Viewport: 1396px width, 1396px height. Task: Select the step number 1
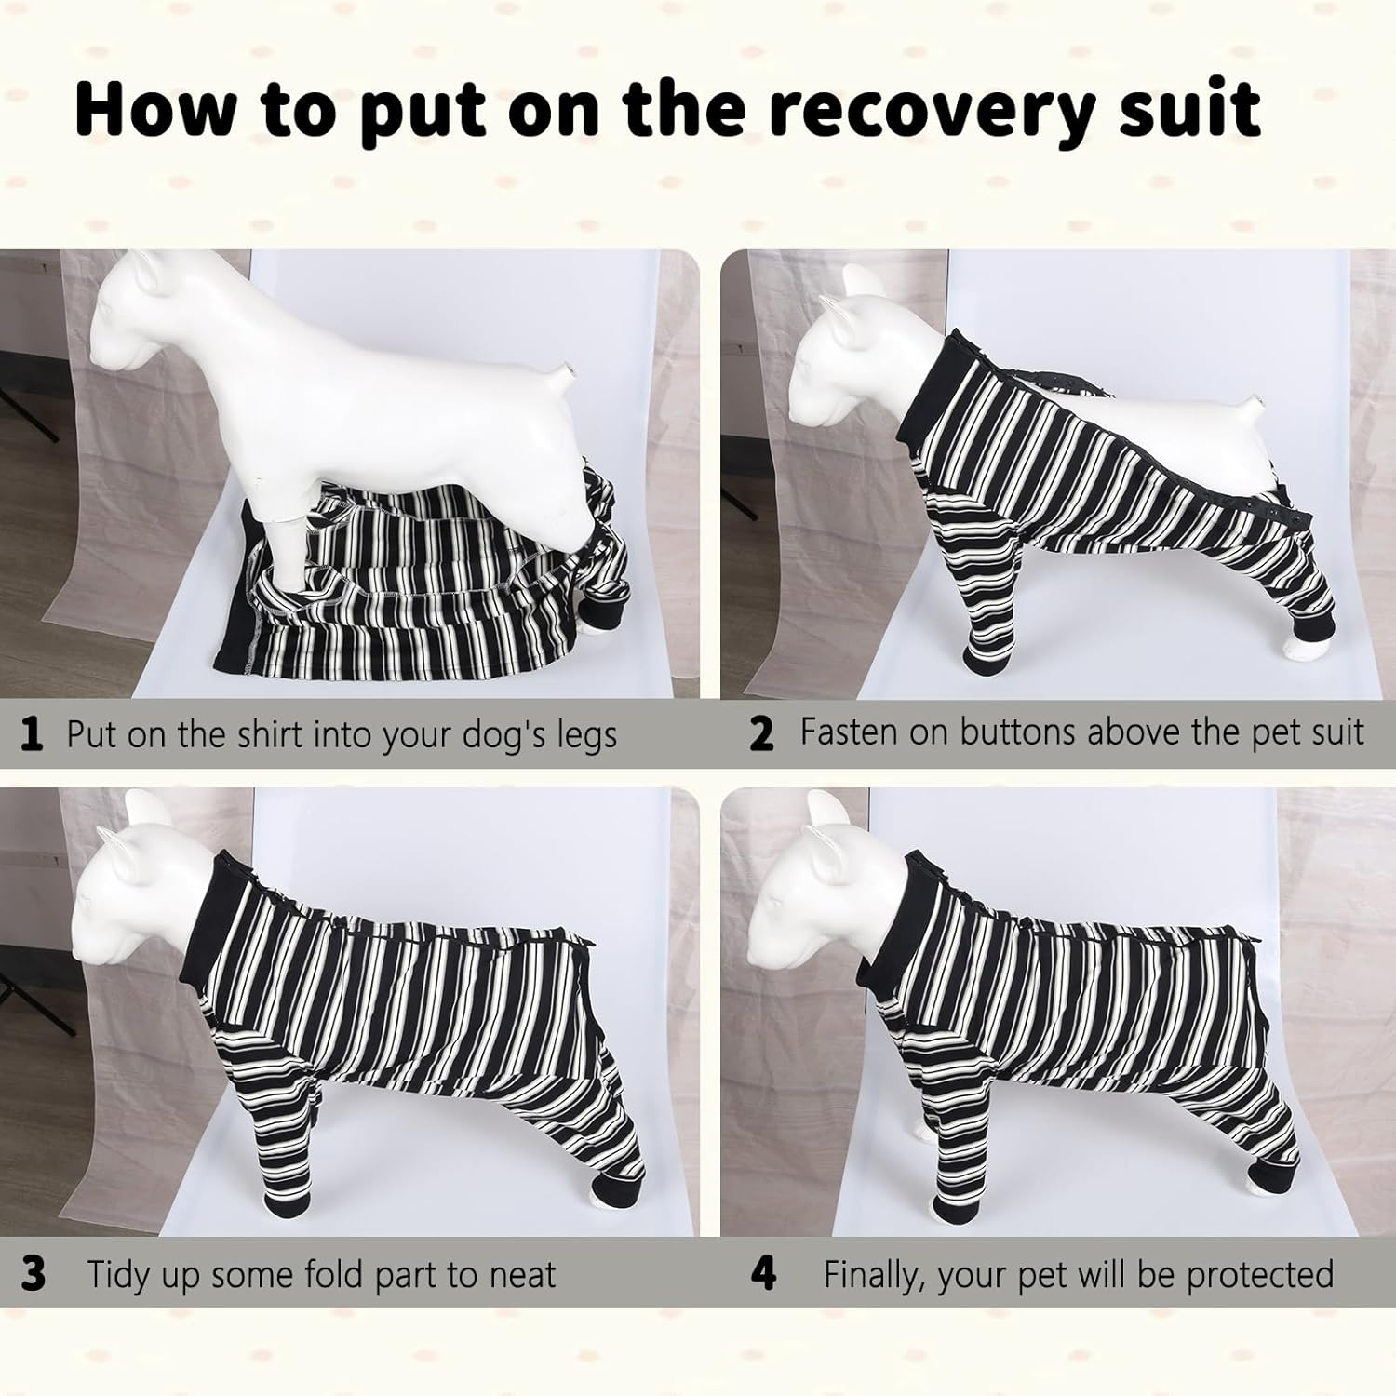[32, 734]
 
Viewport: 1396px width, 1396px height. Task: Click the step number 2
[761, 734]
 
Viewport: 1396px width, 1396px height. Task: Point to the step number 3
[33, 1274]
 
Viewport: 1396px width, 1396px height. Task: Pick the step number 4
[763, 1274]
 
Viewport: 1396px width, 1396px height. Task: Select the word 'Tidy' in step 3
[125, 1275]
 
